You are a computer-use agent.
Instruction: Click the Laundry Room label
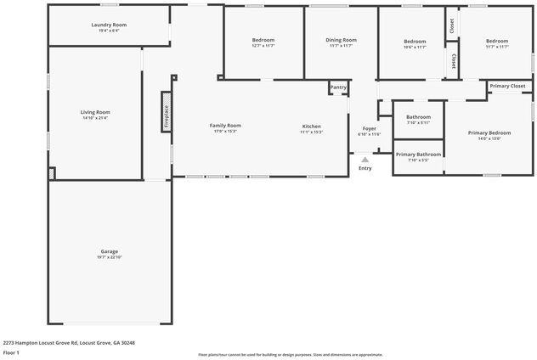108,25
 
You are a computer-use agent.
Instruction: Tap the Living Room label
95,112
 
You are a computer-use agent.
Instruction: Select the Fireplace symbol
167,112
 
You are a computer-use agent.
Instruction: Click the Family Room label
225,126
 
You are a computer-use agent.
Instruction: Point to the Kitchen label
311,127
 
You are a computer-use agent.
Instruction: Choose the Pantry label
338,87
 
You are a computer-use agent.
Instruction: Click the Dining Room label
341,40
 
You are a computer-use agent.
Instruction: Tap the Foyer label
370,128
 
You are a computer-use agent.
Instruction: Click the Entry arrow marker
365,159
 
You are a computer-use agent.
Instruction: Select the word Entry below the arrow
365,168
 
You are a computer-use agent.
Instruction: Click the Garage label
109,251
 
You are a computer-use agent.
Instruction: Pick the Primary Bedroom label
489,132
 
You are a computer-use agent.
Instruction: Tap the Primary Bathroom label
418,155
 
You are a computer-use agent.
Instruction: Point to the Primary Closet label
507,86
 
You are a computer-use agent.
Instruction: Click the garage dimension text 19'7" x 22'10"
109,257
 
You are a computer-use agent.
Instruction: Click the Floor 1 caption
12,352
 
